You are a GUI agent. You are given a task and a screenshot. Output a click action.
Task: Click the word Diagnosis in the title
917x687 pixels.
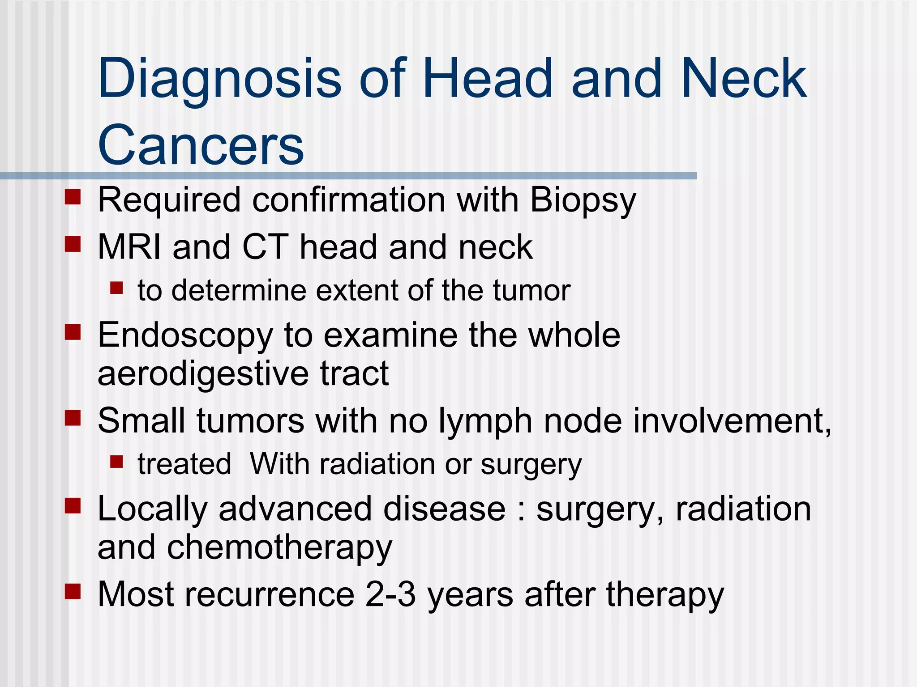pyautogui.click(x=219, y=80)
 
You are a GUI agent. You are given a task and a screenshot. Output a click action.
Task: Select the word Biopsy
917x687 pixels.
pyautogui.click(x=583, y=200)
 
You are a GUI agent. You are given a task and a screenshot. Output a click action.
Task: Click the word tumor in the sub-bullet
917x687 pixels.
pyautogui.click(x=531, y=291)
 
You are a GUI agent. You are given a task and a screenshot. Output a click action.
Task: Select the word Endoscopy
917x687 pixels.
pyautogui.click(x=185, y=336)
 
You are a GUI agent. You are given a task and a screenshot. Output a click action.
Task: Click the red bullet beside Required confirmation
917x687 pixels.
pyautogui.click(x=73, y=197)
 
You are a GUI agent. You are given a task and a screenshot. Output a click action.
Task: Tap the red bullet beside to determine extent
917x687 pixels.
pyautogui.click(x=116, y=288)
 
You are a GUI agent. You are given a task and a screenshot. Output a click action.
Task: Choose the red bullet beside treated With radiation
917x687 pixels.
pyautogui.click(x=116, y=461)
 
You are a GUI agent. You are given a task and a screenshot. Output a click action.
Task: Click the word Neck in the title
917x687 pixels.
pyautogui.click(x=743, y=80)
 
